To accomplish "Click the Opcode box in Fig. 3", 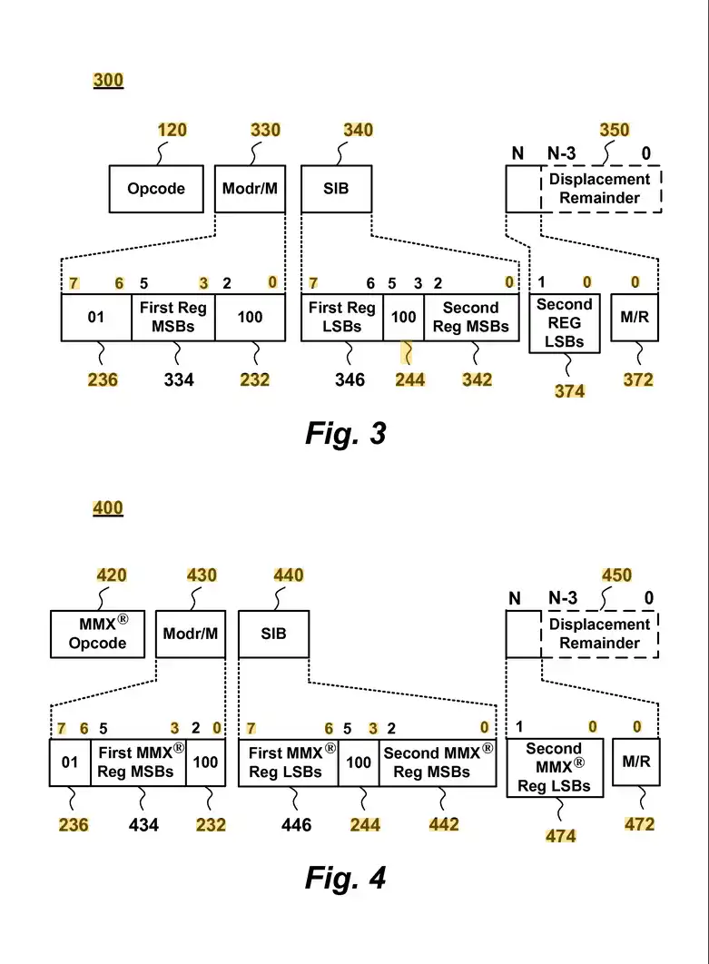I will point(156,189).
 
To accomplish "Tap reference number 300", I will point(108,80).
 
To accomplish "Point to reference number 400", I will point(108,508).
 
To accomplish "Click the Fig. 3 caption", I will point(345,434).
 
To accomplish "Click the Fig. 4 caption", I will point(345,878).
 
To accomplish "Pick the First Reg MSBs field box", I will point(172,317).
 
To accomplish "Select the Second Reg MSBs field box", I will point(470,317).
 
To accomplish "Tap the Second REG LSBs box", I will point(564,323).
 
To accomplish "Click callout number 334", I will point(179,379).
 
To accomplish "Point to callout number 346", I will point(350,379).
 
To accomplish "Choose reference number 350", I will point(614,130).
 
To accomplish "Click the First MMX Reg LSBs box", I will point(288,762).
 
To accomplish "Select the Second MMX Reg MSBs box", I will point(438,762).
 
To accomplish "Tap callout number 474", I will point(560,835).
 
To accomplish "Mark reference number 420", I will point(112,575).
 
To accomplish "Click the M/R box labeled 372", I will point(634,317).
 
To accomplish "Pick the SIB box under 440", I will point(273,634).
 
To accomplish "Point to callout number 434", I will point(143,824).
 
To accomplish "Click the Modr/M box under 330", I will point(250,189).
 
